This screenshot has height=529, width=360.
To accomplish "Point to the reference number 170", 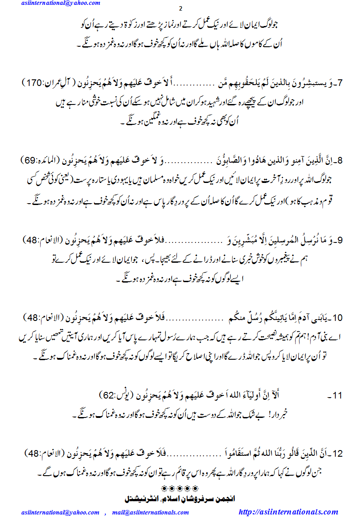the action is click(34, 83).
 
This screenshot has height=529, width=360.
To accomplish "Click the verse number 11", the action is click(336, 395).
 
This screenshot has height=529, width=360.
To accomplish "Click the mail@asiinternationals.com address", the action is click(150, 512).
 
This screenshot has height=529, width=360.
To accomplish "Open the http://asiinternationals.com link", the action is click(288, 512).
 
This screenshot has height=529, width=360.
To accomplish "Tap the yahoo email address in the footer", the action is click(61, 512).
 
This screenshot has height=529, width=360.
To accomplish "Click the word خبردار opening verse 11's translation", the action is click(282, 415).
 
